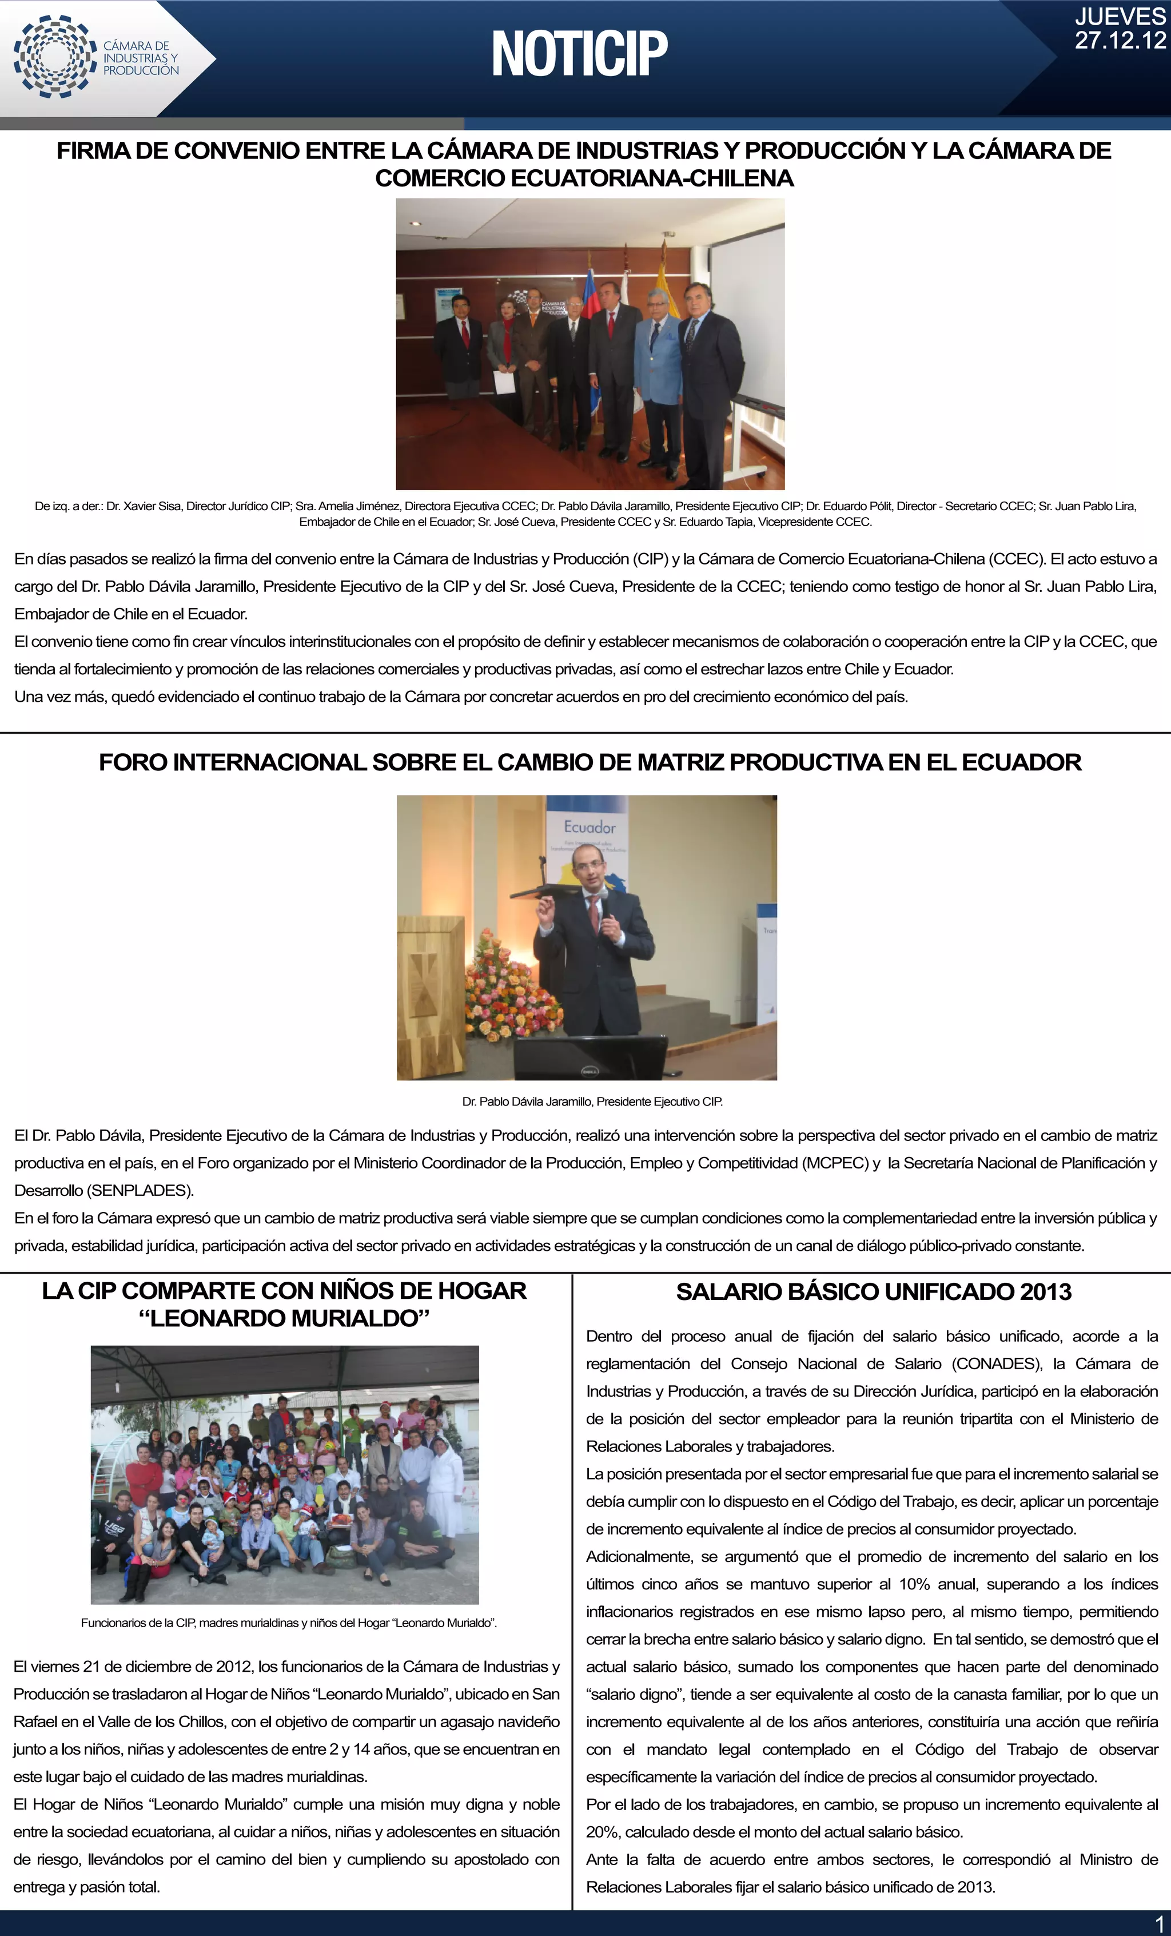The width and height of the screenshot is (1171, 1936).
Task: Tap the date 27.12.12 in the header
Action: pos(1120,41)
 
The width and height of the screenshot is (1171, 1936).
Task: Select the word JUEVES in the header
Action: pos(1120,17)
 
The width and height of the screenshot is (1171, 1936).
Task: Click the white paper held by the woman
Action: pos(503,382)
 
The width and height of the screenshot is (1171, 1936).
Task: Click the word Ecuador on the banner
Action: pos(590,826)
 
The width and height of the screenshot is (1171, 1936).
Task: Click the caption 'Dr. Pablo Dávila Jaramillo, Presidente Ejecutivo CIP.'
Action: pos(592,1102)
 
